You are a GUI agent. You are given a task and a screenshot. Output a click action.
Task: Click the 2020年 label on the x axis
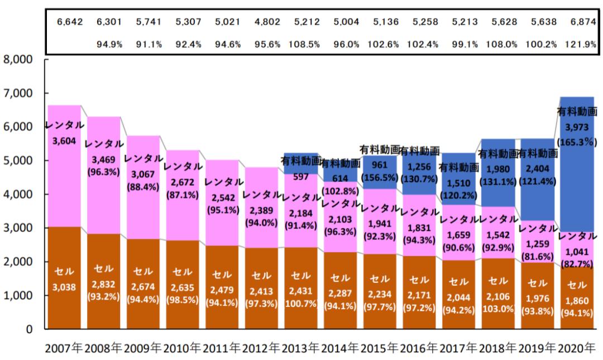pos(577,349)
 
